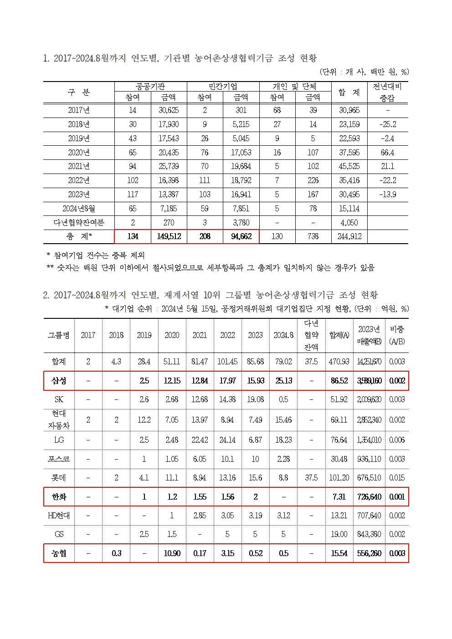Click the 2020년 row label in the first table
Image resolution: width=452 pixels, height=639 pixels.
tap(78, 153)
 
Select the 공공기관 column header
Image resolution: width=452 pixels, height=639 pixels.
tap(150, 87)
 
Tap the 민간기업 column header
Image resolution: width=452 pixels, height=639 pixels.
tap(223, 87)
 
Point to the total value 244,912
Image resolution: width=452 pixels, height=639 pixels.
tap(349, 236)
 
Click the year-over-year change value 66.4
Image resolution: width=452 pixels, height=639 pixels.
tap(387, 153)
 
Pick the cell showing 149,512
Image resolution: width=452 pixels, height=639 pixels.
tap(169, 236)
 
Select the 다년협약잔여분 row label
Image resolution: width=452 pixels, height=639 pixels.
tap(78, 222)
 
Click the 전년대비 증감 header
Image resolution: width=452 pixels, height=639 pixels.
tap(387, 92)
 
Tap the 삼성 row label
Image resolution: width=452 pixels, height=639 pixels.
tap(59, 381)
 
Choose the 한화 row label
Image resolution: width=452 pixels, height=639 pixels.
tap(59, 497)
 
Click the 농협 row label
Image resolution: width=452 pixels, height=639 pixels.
tap(59, 553)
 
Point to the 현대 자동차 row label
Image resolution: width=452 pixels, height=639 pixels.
tap(59, 419)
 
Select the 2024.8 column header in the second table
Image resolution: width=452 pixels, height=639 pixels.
tap(283, 335)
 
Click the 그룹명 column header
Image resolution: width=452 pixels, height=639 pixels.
tap(59, 335)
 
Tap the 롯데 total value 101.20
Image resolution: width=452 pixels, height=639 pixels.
tap(339, 478)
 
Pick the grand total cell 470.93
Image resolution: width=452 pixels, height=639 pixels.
tap(339, 362)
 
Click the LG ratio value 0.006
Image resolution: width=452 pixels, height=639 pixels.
tap(397, 440)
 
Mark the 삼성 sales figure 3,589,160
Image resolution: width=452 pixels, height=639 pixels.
tap(369, 381)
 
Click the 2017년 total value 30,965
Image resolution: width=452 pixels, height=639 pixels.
tap(349, 110)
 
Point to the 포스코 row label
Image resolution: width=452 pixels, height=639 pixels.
tap(59, 459)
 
